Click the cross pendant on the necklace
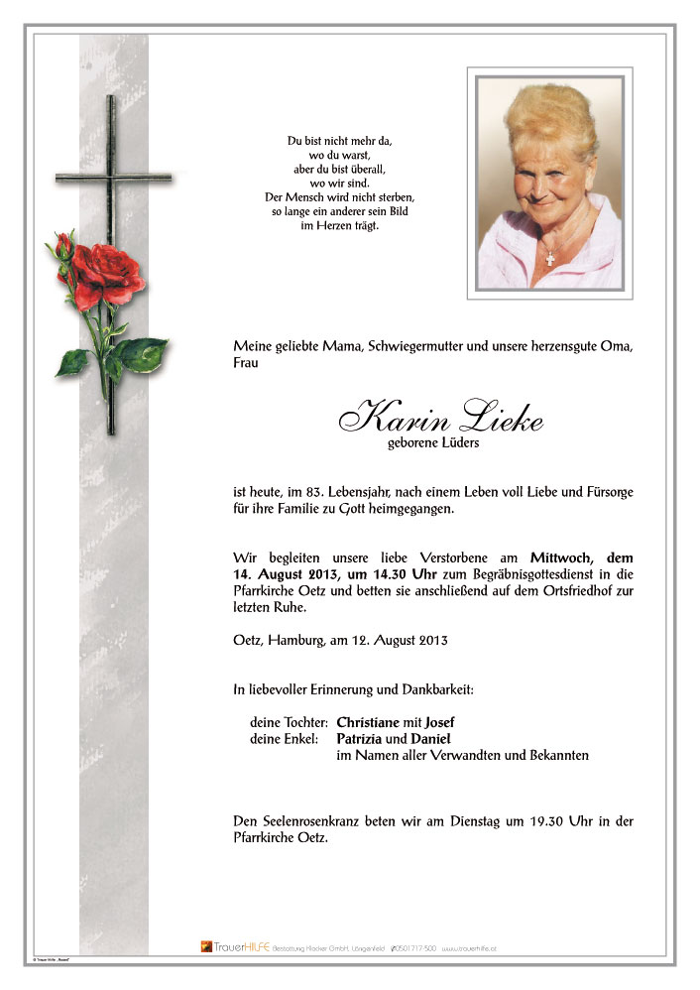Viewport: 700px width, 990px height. [x=550, y=258]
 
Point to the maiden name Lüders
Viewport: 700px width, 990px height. [x=457, y=443]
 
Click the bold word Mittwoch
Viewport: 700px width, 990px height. [x=561, y=557]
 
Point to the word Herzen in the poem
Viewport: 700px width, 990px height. [x=344, y=226]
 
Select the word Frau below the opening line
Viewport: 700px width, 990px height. [x=245, y=363]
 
